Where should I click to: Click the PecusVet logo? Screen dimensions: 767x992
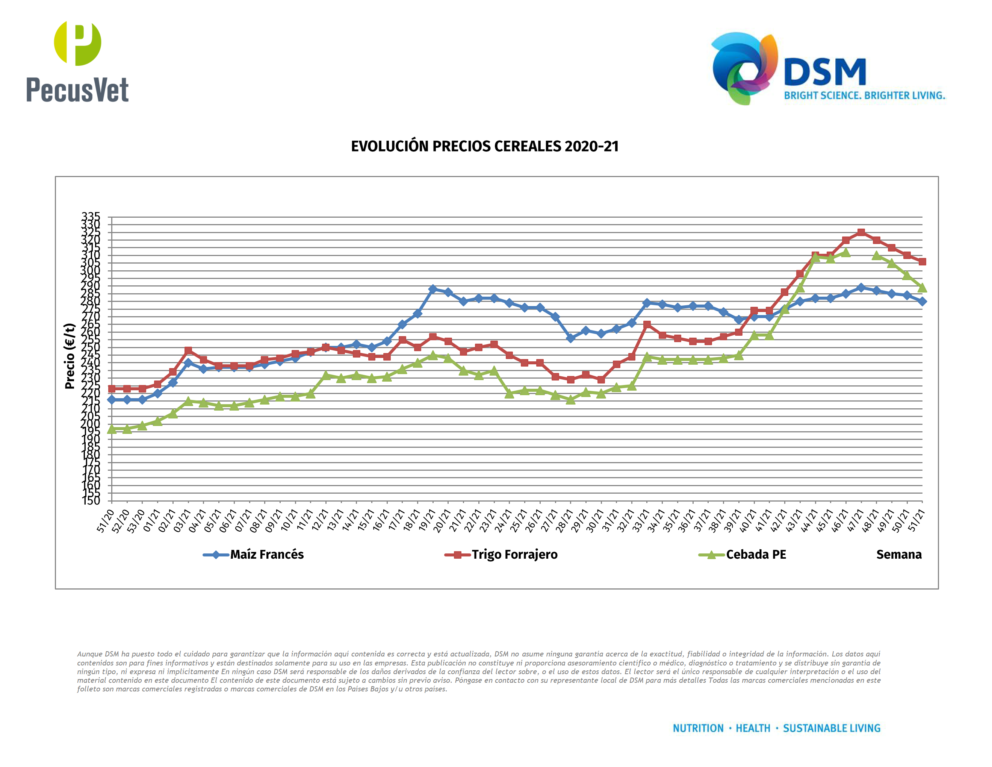click(77, 61)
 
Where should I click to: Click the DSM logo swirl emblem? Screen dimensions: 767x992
click(744, 68)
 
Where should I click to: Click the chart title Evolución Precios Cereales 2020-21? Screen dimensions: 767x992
click(485, 146)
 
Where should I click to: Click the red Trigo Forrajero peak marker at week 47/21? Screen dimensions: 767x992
click(861, 232)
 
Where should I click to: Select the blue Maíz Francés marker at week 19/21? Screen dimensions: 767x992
click(432, 289)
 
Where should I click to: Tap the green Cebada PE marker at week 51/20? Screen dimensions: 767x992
click(112, 429)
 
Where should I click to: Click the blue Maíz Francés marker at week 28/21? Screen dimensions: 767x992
click(570, 338)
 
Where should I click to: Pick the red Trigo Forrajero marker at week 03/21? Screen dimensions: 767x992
click(188, 350)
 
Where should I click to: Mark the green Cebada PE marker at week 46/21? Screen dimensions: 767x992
click(845, 253)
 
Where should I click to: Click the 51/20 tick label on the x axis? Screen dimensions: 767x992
click(105, 521)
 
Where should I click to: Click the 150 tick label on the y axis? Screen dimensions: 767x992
click(91, 501)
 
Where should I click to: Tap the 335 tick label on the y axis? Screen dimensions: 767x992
click(91, 216)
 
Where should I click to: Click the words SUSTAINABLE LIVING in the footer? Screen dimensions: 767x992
click(831, 728)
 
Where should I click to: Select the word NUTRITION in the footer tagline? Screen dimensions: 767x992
click(698, 728)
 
